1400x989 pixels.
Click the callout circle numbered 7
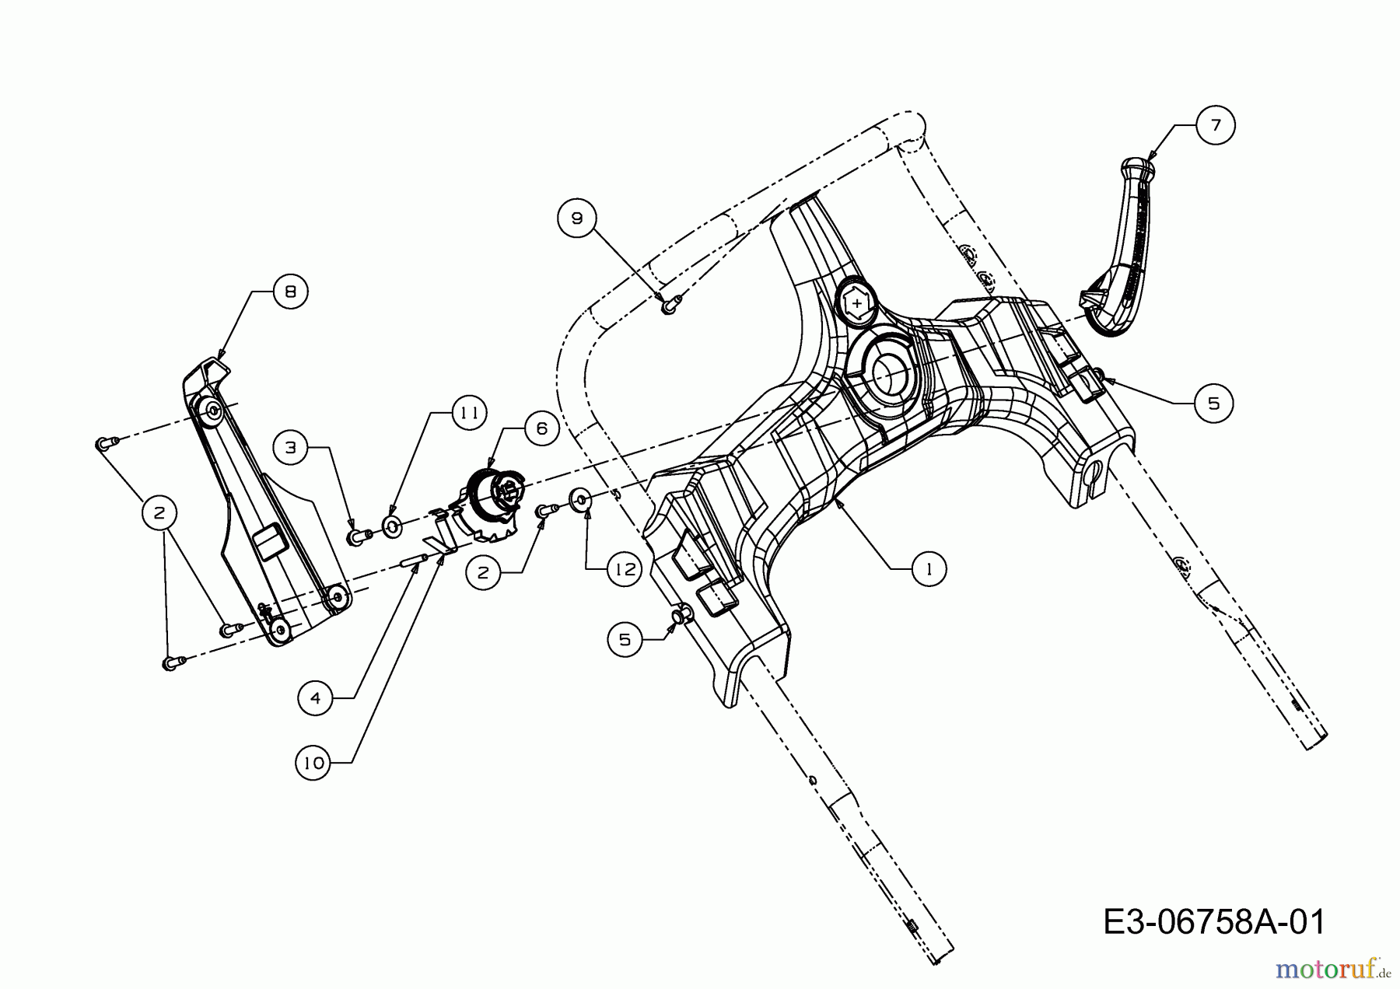1215,124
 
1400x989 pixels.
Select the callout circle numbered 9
576,218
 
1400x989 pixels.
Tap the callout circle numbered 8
290,292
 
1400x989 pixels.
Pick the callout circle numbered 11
468,413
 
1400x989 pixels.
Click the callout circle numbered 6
541,428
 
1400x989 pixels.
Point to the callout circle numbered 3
291,448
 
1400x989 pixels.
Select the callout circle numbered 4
316,698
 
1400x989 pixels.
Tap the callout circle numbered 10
314,764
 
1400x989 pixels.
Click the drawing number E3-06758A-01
1214,922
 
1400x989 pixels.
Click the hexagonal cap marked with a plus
856,303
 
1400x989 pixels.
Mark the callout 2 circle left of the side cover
159,513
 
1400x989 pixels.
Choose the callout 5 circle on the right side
1213,403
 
